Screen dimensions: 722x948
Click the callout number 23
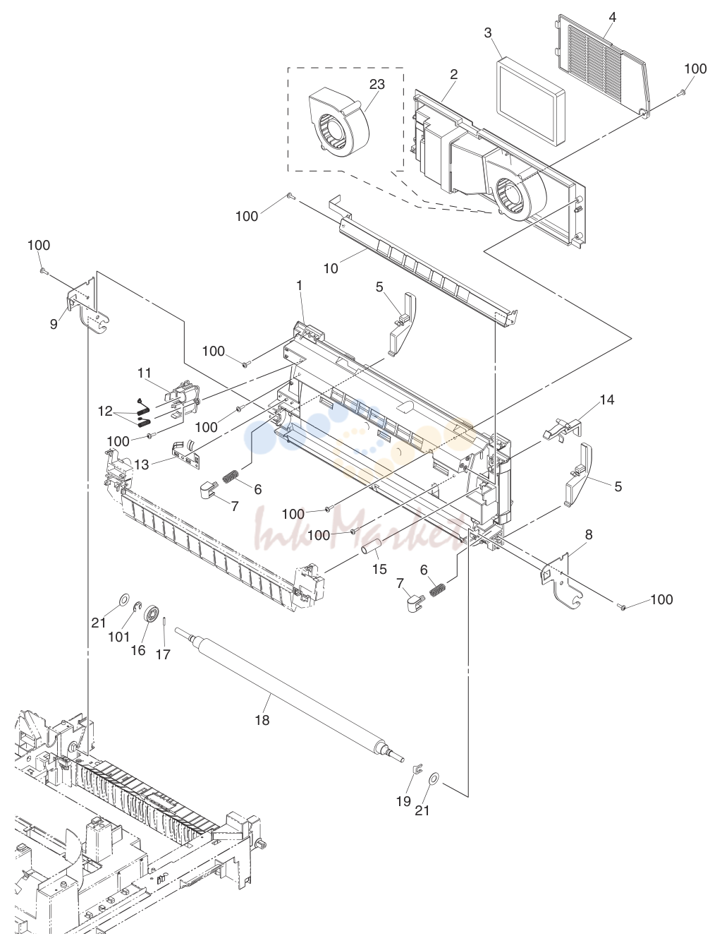(x=377, y=84)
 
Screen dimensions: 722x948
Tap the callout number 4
(x=613, y=17)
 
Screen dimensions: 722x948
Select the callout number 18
(x=262, y=720)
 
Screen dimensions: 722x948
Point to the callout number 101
(x=119, y=636)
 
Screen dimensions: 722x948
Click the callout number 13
(x=142, y=464)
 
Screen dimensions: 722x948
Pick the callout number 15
(x=379, y=569)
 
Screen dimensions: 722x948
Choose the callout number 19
(x=404, y=802)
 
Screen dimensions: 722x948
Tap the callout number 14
(x=607, y=400)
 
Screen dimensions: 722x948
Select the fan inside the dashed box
(x=340, y=123)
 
